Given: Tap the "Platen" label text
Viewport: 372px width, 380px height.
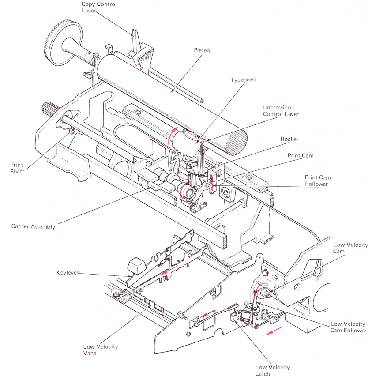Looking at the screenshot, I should coord(202,50).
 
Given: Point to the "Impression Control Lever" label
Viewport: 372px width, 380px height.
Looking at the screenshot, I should coord(281,110).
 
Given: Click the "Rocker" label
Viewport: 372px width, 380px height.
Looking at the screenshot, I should coord(290,139).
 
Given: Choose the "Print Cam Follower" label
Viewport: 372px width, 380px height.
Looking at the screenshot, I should coord(316,181).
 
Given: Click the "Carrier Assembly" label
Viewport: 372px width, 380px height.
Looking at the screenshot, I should coord(34,227).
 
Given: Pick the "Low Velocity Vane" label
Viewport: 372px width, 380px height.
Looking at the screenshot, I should coord(101,350).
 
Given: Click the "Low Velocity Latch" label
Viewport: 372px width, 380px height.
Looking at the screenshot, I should coord(273,371).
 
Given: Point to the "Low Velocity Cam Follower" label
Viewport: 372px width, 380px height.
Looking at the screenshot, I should coord(348,327).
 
